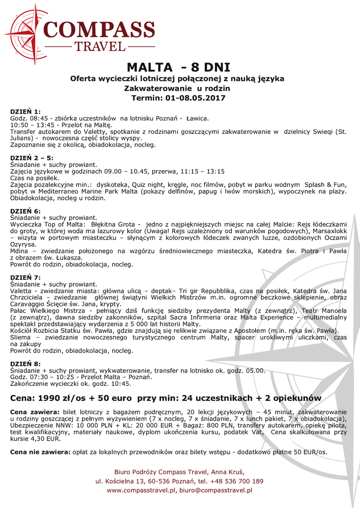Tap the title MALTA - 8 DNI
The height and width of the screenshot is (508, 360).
click(x=178, y=67)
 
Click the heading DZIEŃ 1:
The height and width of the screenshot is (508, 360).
click(x=26, y=112)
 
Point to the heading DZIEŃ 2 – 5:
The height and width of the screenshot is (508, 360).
click(x=32, y=158)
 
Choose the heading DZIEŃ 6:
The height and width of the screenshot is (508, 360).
click(x=26, y=211)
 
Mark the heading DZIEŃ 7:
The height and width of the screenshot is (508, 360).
click(x=26, y=277)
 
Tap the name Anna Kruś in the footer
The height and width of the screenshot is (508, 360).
click(x=229, y=471)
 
